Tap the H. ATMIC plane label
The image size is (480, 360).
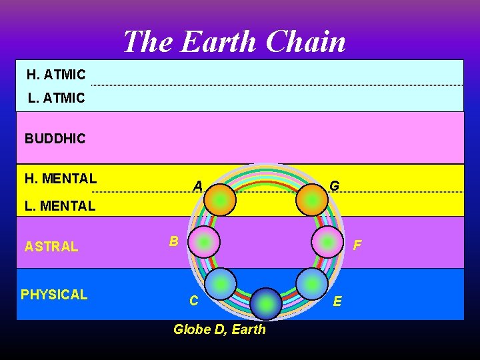56,75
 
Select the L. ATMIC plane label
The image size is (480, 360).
57,98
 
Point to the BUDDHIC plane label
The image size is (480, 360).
55,139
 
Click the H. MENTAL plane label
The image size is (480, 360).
61,178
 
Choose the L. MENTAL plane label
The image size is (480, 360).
60,206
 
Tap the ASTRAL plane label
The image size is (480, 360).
51,247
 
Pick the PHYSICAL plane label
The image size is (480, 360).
54,295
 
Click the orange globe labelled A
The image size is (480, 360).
220,199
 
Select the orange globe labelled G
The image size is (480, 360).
311,199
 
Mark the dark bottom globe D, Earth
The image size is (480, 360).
266,304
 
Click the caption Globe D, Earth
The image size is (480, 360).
219,329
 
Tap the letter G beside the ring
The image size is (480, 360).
335,186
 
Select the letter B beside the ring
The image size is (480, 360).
173,241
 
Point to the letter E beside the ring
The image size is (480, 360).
337,301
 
